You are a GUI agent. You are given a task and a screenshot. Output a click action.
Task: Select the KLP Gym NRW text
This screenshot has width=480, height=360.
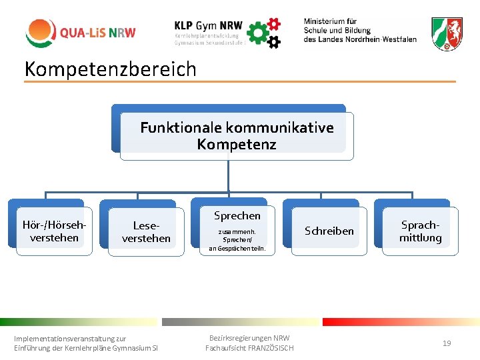pyautogui.click(x=208, y=24)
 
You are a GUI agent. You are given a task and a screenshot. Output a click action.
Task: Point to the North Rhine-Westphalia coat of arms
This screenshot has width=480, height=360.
pyautogui.click(x=447, y=33)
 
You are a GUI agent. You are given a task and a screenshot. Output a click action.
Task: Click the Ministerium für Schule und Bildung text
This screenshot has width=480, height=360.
pyautogui.click(x=360, y=31)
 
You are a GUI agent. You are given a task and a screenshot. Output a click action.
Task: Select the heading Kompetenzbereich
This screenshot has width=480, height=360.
pyautogui.click(x=111, y=69)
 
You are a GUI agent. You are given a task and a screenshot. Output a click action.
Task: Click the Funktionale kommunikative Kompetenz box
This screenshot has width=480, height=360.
pyautogui.click(x=237, y=136)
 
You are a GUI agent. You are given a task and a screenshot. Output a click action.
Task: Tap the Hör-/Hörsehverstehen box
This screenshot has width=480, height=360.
pyautogui.click(x=55, y=231)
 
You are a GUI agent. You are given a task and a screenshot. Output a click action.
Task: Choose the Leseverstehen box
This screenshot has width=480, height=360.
pyautogui.click(x=146, y=232)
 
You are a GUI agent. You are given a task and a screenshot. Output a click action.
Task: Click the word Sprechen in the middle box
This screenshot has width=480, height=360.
pyautogui.click(x=237, y=215)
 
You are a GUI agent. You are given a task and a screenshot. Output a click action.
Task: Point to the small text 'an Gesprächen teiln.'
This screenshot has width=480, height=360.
pyautogui.click(x=237, y=249)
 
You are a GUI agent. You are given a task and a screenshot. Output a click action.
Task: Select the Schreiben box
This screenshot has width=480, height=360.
pyautogui.click(x=329, y=231)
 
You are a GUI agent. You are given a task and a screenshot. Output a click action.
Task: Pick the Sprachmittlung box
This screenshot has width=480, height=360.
pyautogui.click(x=420, y=231)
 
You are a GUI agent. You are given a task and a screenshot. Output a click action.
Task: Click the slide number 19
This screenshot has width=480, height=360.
pyautogui.click(x=447, y=343)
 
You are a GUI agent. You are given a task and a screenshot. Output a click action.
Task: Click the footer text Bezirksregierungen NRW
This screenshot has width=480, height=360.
pyautogui.click(x=249, y=338)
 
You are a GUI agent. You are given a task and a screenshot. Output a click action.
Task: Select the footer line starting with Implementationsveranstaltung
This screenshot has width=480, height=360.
pyautogui.click(x=70, y=339)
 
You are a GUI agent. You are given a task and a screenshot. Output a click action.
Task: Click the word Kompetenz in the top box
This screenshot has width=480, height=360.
pyautogui.click(x=237, y=145)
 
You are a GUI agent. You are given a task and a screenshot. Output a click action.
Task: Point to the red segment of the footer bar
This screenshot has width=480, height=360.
pyautogui.click(x=400, y=322)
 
